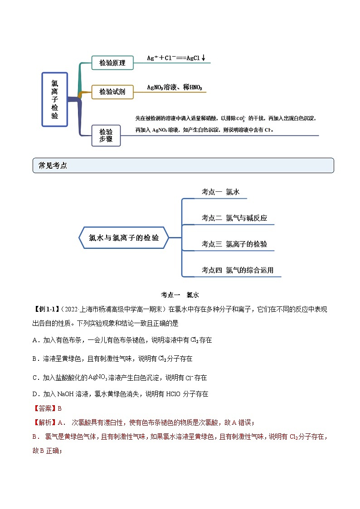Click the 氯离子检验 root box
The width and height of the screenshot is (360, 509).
[54, 99]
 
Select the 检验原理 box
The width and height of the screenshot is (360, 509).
[112, 63]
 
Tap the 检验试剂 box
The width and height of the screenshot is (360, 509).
[112, 92]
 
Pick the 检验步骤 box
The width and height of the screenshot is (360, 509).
[106, 135]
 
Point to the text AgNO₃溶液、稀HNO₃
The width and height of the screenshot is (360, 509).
[175, 87]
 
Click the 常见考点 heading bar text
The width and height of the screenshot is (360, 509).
[53, 166]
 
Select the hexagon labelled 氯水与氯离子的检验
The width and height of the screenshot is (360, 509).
[124, 238]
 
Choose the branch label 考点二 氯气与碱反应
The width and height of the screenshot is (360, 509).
[234, 218]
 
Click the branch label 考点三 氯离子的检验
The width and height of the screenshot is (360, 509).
[234, 244]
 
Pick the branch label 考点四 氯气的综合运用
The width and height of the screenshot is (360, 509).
[237, 271]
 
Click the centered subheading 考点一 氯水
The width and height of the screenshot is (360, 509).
[180, 295]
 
